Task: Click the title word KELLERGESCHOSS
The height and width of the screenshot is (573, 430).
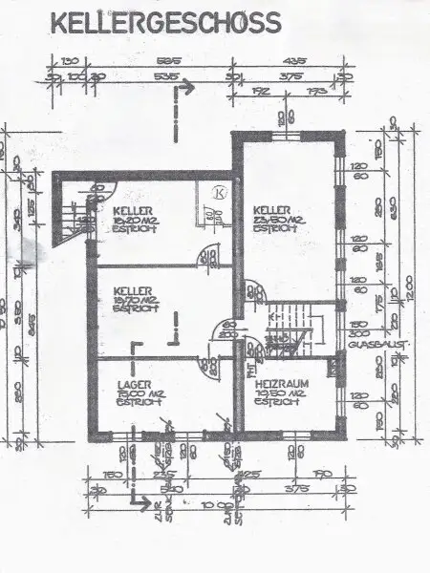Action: click(x=166, y=20)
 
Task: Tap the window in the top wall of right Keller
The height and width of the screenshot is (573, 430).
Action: click(x=284, y=136)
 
